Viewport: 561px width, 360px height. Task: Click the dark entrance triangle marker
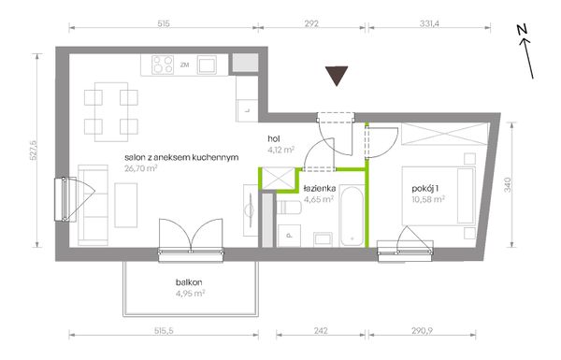point(337,75)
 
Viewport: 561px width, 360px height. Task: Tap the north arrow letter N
point(523,30)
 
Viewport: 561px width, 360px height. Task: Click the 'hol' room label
point(274,138)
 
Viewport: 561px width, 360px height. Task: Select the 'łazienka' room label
point(320,188)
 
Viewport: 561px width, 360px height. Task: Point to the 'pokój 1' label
point(425,189)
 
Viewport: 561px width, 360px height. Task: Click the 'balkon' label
point(189,282)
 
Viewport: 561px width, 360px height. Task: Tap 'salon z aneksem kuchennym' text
point(181,157)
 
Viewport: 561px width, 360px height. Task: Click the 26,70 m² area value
point(141,168)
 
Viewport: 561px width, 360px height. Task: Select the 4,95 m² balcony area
point(190,294)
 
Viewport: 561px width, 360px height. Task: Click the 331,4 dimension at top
point(429,23)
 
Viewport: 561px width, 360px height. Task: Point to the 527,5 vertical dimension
point(34,151)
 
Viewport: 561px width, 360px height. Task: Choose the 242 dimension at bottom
point(321,331)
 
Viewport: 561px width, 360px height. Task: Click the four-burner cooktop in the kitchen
point(163,65)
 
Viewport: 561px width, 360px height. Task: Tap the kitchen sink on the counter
point(207,65)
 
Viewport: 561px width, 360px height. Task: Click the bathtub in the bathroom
point(352,216)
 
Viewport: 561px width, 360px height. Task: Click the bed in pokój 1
point(439,195)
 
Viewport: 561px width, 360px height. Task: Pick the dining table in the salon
point(111,111)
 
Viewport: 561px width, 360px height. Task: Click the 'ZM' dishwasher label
point(184,65)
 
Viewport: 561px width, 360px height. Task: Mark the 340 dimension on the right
point(508,184)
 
